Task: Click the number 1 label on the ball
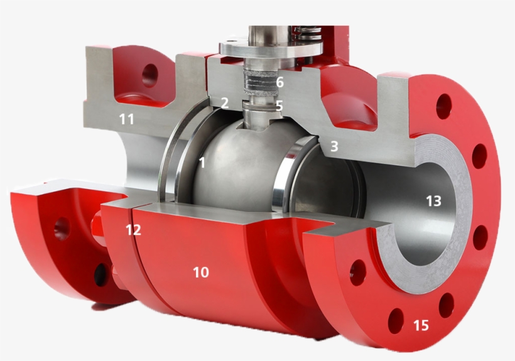(202, 163)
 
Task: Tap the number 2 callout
(224, 103)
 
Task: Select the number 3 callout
(334, 146)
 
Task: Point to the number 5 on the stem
(279, 106)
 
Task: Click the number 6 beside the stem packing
(279, 82)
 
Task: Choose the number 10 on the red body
(200, 272)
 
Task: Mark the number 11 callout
(127, 118)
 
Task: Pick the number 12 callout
(133, 230)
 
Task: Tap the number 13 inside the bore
(433, 202)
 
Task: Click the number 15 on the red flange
(421, 325)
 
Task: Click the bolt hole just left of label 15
(396, 321)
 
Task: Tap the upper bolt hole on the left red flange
(62, 228)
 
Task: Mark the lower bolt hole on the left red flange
(100, 274)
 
